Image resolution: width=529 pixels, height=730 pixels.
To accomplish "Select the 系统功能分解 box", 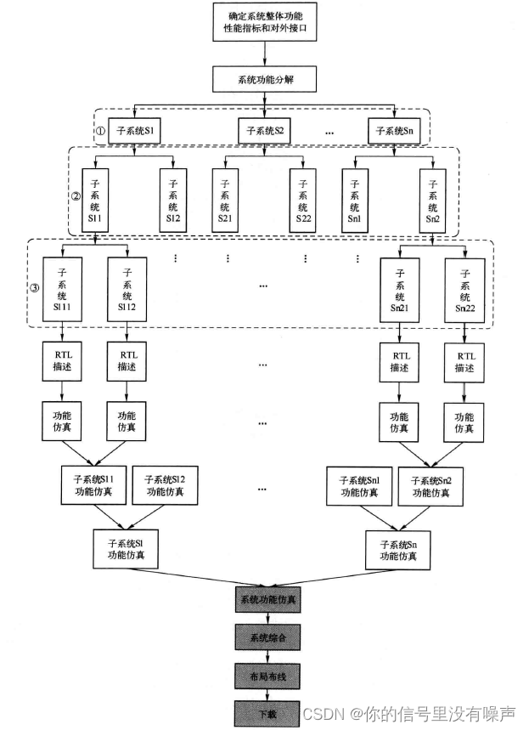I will tap(266, 81).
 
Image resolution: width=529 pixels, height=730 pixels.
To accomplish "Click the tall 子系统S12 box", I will tap(174, 200).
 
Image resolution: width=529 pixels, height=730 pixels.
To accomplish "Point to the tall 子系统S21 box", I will tap(226, 200).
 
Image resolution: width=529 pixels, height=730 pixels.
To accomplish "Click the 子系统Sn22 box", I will tap(464, 290).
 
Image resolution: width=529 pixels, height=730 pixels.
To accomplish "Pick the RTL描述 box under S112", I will tap(127, 361).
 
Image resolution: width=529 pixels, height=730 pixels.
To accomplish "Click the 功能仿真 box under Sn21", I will tap(399, 422).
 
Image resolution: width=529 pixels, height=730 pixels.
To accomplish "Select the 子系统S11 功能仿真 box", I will tap(94, 485).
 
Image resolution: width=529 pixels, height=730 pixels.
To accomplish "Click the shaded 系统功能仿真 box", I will tap(267, 599).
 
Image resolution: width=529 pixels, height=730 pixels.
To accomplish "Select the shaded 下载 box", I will tap(267, 711).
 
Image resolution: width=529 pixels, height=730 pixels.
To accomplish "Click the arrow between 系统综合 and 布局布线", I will tap(267, 654).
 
